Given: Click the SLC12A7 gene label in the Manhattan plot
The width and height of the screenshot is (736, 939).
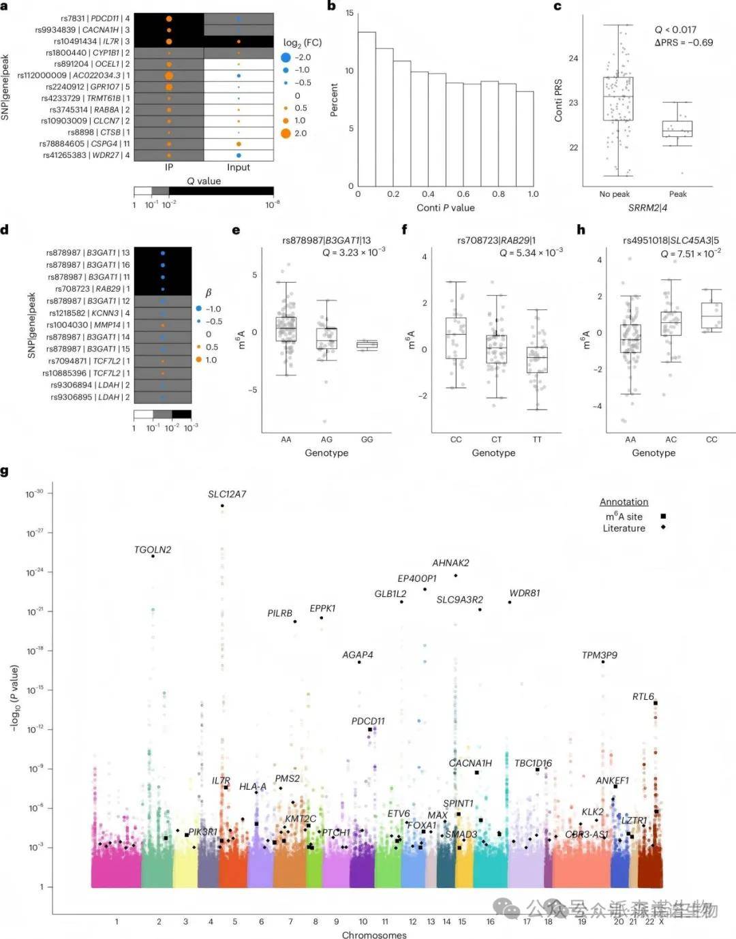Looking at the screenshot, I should (227, 494).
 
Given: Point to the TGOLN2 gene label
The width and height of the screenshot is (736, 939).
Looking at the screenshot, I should (153, 550).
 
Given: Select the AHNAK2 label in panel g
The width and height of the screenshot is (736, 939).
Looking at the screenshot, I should (450, 563).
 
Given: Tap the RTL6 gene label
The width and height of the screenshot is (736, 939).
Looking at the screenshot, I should (643, 696).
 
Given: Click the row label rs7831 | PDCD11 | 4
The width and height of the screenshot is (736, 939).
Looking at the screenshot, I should (85, 18).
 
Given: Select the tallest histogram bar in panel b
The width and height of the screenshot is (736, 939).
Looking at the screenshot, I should (367, 109).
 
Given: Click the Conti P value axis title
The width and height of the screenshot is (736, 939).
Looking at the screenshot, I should (446, 208).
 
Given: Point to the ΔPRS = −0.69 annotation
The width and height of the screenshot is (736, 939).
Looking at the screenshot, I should (684, 42).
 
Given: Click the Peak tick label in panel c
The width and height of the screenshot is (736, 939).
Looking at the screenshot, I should (678, 194).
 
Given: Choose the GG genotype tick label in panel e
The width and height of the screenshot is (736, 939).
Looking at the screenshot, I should (367, 440).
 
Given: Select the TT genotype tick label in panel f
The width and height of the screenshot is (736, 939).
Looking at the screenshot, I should (537, 440).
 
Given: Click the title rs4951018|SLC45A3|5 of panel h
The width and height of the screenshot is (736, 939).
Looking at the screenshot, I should (671, 241).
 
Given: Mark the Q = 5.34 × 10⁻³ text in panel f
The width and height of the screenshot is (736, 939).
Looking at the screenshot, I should (531, 253).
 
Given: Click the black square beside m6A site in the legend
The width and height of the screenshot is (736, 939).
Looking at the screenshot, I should (663, 517).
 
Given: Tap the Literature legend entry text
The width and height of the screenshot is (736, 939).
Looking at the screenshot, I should (624, 528).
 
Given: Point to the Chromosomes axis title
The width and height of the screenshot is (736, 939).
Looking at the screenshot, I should (374, 935).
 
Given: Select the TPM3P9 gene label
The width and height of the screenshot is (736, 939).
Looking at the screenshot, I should (600, 656).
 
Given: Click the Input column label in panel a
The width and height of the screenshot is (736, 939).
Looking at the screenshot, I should (239, 168).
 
